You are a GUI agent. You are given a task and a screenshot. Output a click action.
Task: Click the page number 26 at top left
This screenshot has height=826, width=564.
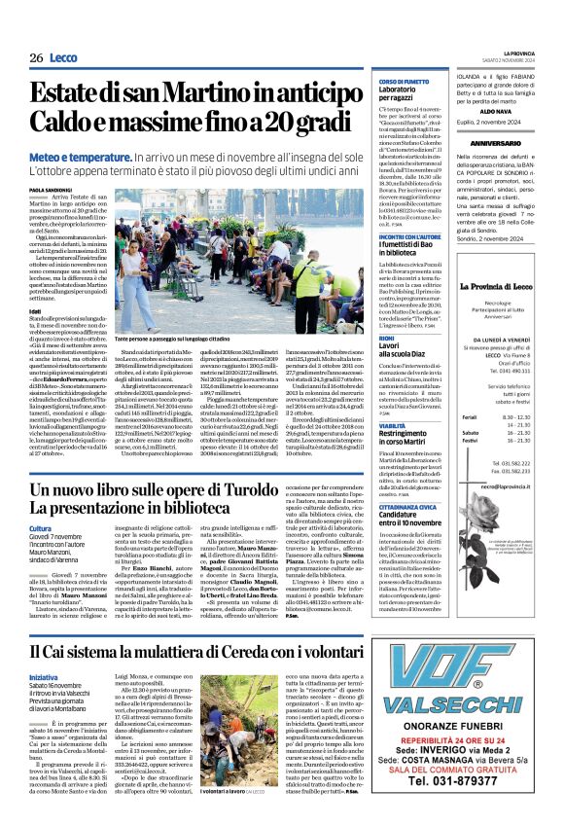35,58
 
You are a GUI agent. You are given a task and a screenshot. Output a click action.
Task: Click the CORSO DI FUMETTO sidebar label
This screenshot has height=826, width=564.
405,81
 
